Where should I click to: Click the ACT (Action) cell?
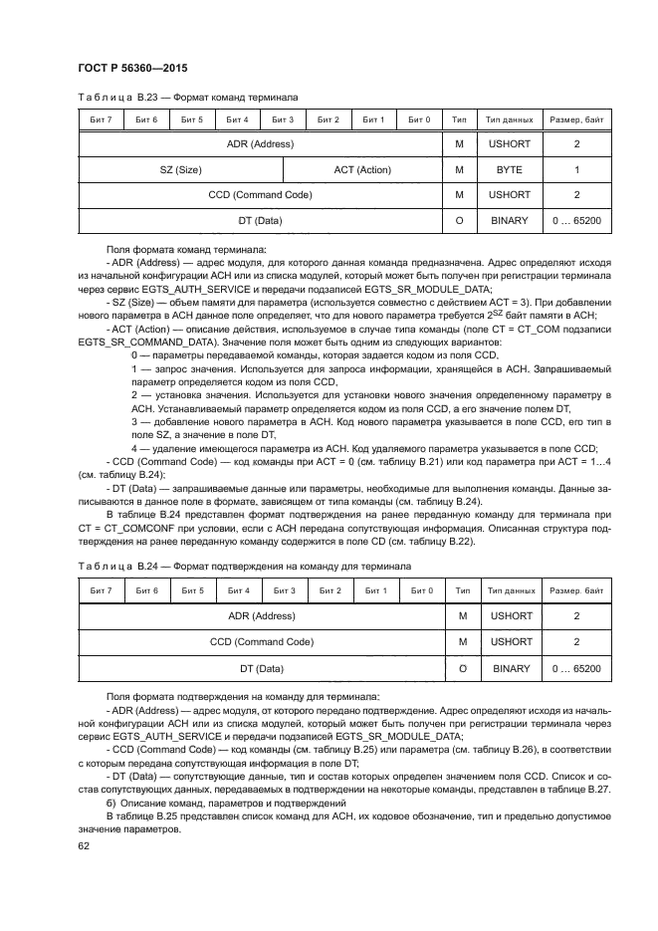click(x=362, y=170)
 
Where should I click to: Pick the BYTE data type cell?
click(x=509, y=170)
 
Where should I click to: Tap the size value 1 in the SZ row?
click(x=576, y=170)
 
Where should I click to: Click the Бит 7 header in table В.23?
click(x=101, y=119)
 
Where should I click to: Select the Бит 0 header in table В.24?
click(x=421, y=590)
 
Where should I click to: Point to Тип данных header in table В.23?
click(x=509, y=119)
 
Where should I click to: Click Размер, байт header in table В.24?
click(x=576, y=590)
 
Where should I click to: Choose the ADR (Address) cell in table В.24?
click(x=262, y=615)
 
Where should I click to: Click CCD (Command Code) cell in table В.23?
click(x=262, y=195)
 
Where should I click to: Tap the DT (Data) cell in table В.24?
click(x=262, y=668)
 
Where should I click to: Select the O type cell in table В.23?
click(x=460, y=220)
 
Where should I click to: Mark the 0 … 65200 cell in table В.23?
click(x=576, y=220)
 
